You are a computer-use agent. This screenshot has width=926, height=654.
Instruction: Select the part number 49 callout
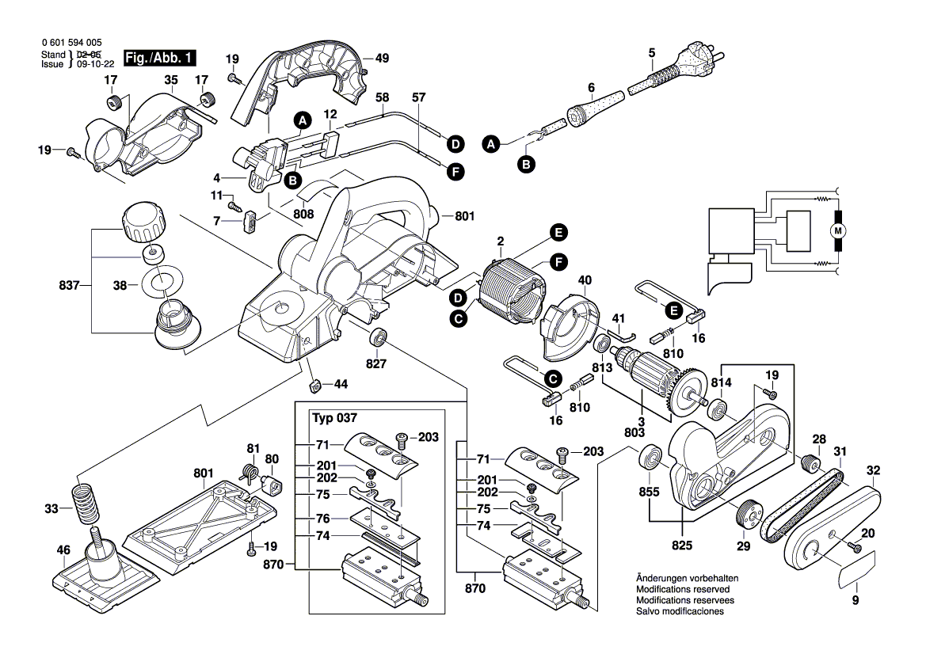point(382,59)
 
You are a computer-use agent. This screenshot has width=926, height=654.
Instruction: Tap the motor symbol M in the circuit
point(837,230)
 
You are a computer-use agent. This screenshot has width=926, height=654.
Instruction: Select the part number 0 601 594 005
point(70,43)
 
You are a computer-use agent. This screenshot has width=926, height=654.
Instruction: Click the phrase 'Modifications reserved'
point(682,590)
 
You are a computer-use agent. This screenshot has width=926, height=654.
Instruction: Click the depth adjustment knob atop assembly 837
point(141,225)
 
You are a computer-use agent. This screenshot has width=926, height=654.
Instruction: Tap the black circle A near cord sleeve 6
point(491,144)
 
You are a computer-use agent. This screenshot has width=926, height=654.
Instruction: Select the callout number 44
point(341,383)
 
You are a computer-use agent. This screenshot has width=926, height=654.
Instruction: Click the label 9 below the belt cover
point(855,601)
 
